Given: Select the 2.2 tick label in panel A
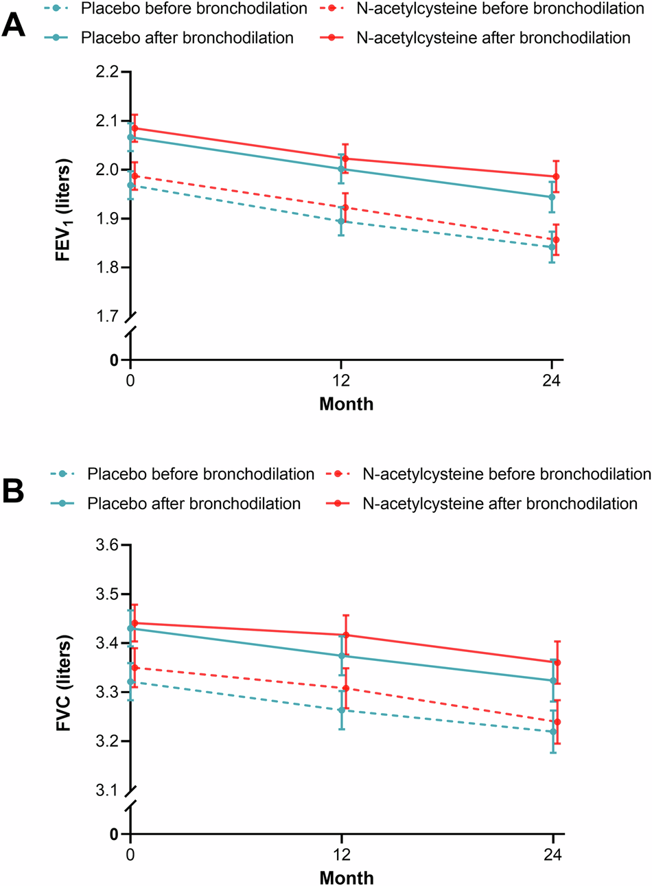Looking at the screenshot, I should [x=105, y=72].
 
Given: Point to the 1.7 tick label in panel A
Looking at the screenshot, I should [x=105, y=316].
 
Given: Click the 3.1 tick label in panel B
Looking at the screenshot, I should [x=105, y=790].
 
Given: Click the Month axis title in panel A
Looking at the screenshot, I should [x=347, y=404].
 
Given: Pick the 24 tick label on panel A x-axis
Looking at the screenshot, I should [x=553, y=381].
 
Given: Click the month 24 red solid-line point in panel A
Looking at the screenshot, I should [x=556, y=176].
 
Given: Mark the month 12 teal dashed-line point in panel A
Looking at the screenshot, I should [x=340, y=221].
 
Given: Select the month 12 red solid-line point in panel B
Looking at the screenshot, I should [x=346, y=635].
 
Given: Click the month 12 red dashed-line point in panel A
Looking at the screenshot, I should [x=346, y=207].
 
